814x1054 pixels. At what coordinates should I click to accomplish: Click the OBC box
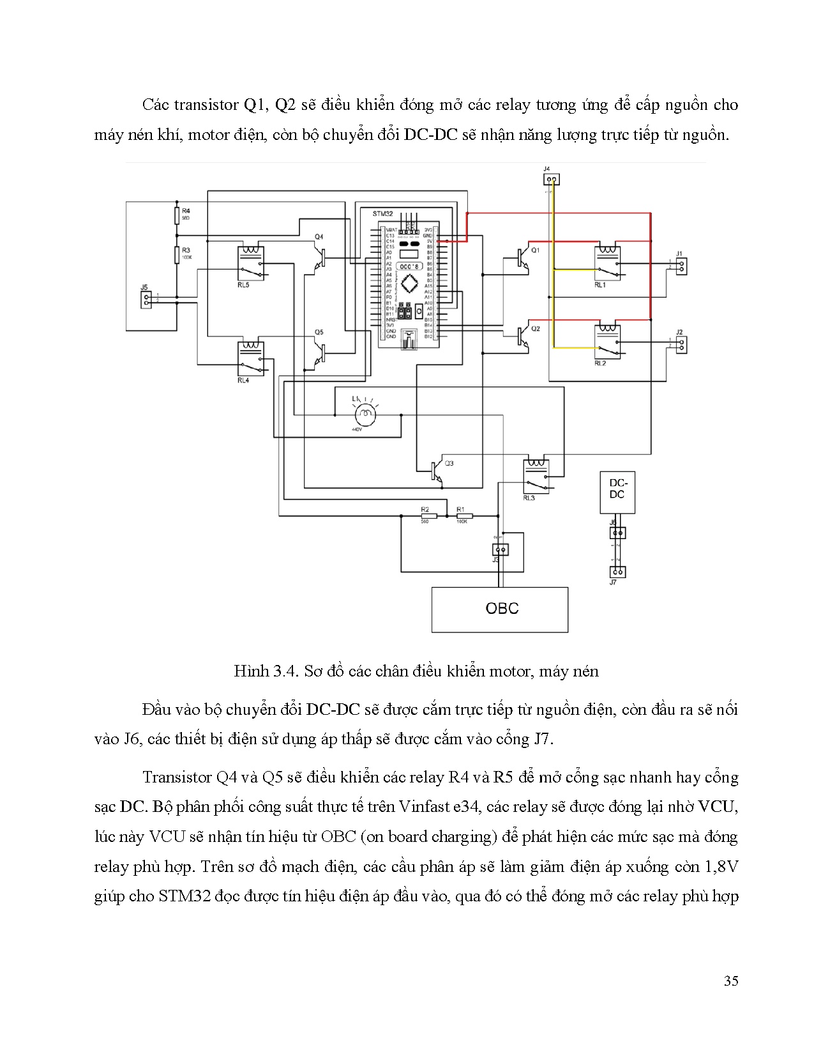click(x=500, y=609)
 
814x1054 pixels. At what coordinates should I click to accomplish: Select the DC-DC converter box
click(x=617, y=492)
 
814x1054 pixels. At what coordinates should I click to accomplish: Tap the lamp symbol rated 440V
click(x=366, y=415)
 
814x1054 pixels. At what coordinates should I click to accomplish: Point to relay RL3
click(x=536, y=476)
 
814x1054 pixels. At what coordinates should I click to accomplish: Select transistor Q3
click(x=437, y=472)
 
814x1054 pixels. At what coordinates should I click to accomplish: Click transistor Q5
click(x=320, y=351)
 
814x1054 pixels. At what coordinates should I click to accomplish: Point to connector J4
click(x=551, y=179)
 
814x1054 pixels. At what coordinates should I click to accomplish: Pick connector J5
click(x=146, y=300)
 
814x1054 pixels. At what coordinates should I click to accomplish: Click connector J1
click(x=682, y=266)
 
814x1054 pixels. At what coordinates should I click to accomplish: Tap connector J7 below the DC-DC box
click(x=617, y=572)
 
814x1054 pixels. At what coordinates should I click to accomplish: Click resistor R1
click(x=463, y=516)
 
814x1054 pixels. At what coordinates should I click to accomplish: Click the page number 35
click(x=731, y=981)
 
